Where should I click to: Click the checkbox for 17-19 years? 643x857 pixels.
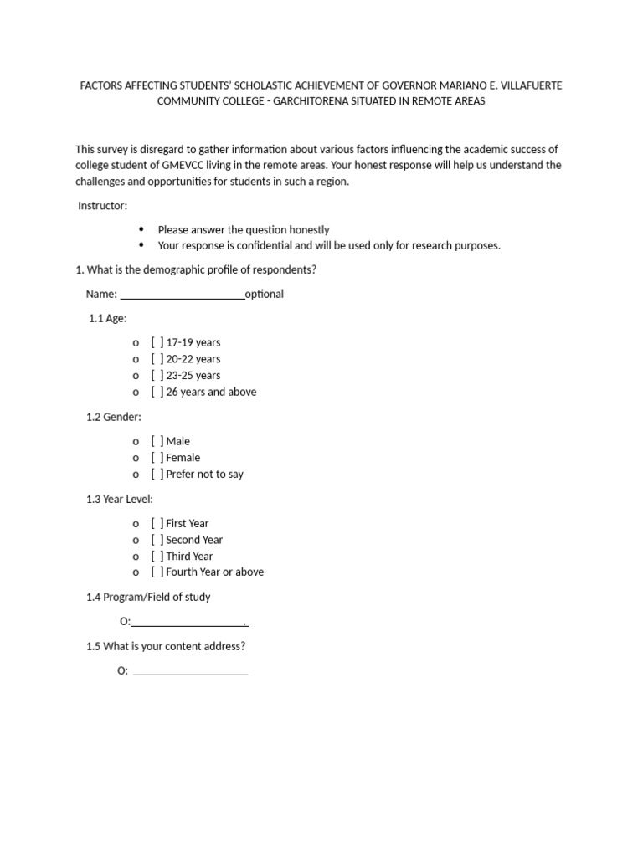pyautogui.click(x=157, y=342)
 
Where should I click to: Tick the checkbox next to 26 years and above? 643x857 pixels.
pyautogui.click(x=157, y=392)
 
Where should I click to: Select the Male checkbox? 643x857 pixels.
pyautogui.click(x=157, y=441)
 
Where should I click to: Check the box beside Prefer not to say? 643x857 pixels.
pyautogui.click(x=157, y=474)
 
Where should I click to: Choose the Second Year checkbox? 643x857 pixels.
pyautogui.click(x=157, y=540)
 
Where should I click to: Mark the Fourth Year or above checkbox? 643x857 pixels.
pyautogui.click(x=157, y=572)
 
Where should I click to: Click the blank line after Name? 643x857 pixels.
pyautogui.click(x=183, y=295)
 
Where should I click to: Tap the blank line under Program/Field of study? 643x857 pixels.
pyautogui.click(x=188, y=622)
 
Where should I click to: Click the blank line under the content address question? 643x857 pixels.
pyautogui.click(x=190, y=671)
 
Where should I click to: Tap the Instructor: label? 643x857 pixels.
pyautogui.click(x=103, y=206)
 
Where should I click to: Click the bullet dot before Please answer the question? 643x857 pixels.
pyautogui.click(x=141, y=229)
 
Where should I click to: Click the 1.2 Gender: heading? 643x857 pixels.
pyautogui.click(x=114, y=417)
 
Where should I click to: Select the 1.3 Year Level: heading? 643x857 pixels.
pyautogui.click(x=120, y=499)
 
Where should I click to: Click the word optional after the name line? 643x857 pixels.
pyautogui.click(x=265, y=294)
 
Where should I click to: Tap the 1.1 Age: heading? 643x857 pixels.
pyautogui.click(x=108, y=318)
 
